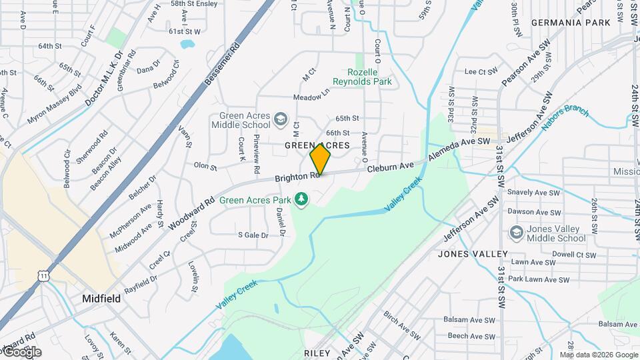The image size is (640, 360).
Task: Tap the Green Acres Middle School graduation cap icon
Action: pos(281,119)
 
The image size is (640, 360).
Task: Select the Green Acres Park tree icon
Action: pos(302,199)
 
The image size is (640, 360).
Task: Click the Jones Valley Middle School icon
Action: pos(516,233)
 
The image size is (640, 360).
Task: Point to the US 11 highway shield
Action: pos(44,275)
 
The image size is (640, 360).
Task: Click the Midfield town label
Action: pos(101,299)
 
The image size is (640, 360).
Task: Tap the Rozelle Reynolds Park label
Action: pos(369,77)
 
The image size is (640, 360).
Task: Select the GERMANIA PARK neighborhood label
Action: pos(571,23)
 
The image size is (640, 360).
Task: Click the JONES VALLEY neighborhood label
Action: pos(473,254)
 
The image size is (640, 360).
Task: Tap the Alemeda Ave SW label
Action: pos(459,147)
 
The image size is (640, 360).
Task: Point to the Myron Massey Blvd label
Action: pos(55,105)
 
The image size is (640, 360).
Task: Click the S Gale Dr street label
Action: pos(253,235)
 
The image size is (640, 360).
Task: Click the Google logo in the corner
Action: pos(21,352)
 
